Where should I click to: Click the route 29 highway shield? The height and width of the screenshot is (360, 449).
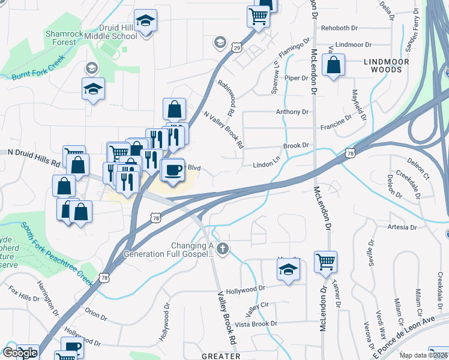tap(237, 47)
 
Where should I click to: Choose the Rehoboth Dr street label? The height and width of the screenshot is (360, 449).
tap(340, 28)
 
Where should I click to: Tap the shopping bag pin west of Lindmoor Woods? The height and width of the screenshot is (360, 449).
tap(333, 65)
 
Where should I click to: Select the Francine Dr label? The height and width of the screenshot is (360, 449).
tap(336, 123)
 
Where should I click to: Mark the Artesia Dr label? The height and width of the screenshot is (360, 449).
tap(402, 227)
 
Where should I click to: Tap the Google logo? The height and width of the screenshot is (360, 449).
tap(20, 353)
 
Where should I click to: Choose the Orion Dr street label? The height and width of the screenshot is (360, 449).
tap(96, 314)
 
